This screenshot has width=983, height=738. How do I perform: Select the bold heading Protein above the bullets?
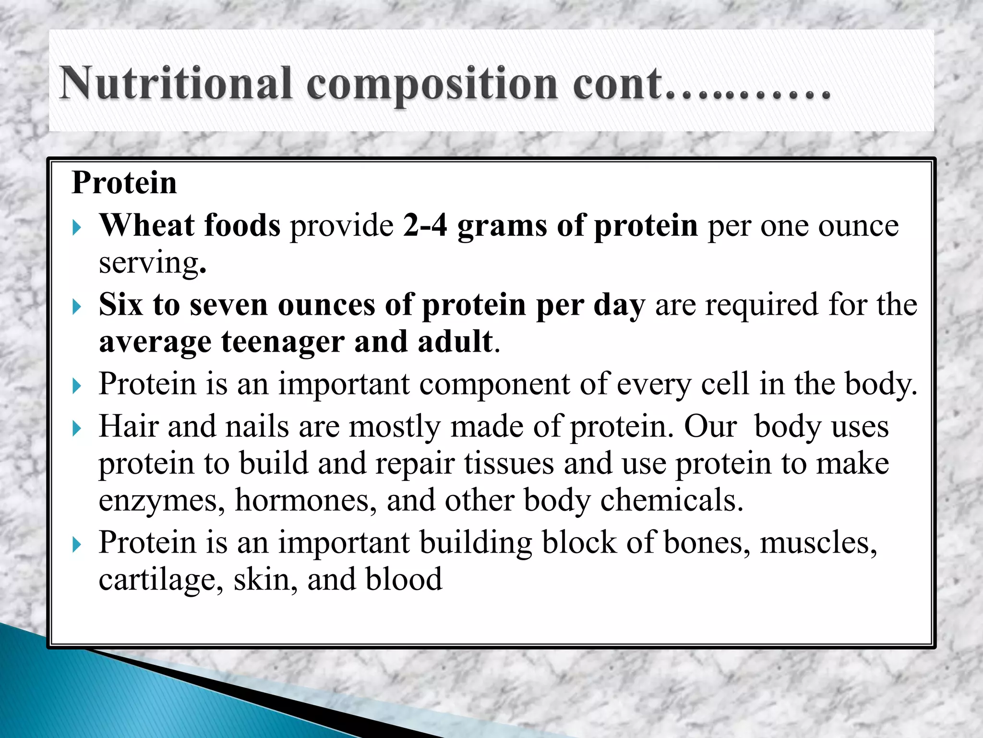pos(124,183)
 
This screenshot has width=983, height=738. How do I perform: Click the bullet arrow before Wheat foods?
pos(77,227)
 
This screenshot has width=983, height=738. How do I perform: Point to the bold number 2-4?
pos(425,225)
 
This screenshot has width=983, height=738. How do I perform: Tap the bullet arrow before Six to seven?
pos(77,307)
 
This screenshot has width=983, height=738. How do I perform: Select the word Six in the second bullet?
pos(120,305)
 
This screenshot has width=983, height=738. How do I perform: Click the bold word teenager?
pos(282,342)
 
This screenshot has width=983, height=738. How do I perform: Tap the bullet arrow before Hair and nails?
pos(77,428)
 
